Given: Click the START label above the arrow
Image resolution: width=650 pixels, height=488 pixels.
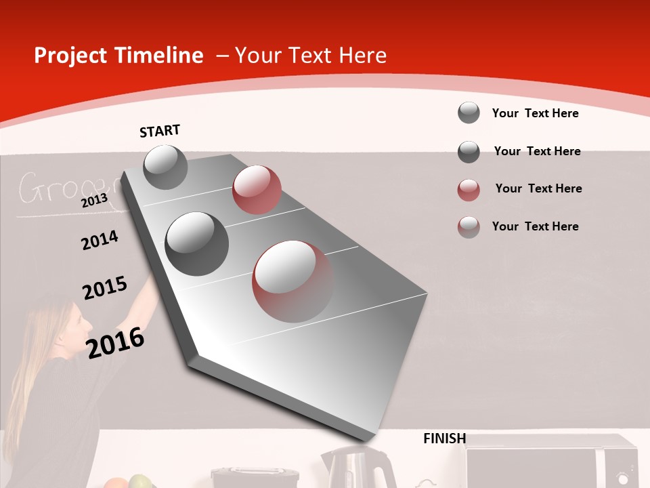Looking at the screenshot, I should click(x=160, y=131).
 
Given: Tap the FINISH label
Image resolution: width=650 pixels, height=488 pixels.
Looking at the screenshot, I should click(x=444, y=439).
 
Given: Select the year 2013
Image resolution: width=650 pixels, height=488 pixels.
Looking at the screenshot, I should click(x=94, y=200).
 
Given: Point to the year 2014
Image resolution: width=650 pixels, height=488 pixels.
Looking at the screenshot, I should click(x=100, y=240).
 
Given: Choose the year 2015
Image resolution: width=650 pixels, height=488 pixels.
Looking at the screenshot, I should click(x=105, y=288).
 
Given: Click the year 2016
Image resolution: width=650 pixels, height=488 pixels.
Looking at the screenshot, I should click(x=115, y=342).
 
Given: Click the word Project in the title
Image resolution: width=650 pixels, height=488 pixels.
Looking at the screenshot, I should click(x=71, y=56).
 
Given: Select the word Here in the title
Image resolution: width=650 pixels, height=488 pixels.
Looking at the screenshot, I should click(x=362, y=56).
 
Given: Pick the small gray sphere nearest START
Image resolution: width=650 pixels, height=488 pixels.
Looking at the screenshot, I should click(x=165, y=167).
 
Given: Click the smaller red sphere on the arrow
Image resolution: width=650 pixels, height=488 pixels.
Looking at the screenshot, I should click(x=257, y=190).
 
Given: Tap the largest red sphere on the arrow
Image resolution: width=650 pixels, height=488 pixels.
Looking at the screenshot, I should click(x=293, y=281).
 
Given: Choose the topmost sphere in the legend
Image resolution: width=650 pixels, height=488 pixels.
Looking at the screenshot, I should click(x=469, y=113).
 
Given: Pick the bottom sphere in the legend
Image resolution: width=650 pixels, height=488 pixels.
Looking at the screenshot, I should click(x=469, y=226).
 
